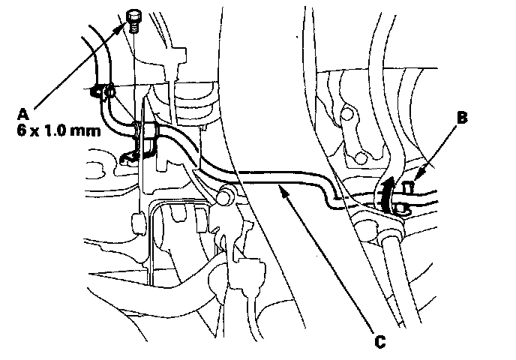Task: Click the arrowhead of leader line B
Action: tap(414, 175)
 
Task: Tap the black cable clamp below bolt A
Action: tap(100, 93)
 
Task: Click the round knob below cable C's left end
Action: tap(223, 198)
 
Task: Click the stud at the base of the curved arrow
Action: tap(403, 208)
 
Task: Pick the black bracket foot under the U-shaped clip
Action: tap(129, 157)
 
